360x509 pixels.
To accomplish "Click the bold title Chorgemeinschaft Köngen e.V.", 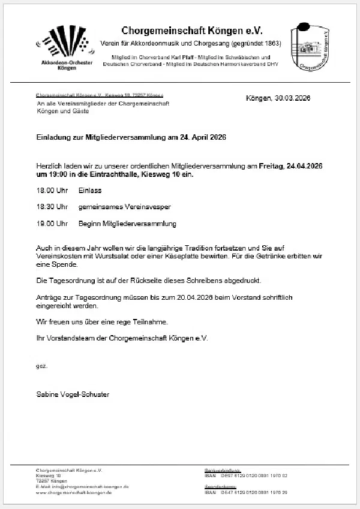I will [192, 30].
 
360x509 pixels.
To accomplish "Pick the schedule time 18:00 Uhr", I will [52, 190].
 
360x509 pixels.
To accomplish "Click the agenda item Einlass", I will [89, 190].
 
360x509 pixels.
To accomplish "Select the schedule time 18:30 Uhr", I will [52, 207].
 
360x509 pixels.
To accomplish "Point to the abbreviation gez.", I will [41, 365].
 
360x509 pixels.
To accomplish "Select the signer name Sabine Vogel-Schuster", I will [73, 394].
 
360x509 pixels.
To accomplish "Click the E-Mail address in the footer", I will [82, 487].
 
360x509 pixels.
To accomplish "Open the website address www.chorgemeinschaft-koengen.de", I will [74, 492].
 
